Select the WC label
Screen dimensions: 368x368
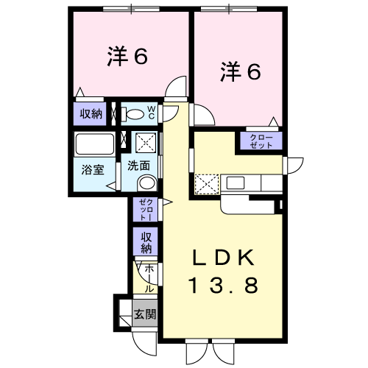150,113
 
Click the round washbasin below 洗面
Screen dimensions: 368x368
147,183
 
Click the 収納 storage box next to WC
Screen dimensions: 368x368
91,114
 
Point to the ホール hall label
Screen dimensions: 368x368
149,277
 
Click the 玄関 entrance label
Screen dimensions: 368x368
144,314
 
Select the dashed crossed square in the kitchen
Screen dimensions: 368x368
206,183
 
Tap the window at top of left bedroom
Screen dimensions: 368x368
130,8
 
